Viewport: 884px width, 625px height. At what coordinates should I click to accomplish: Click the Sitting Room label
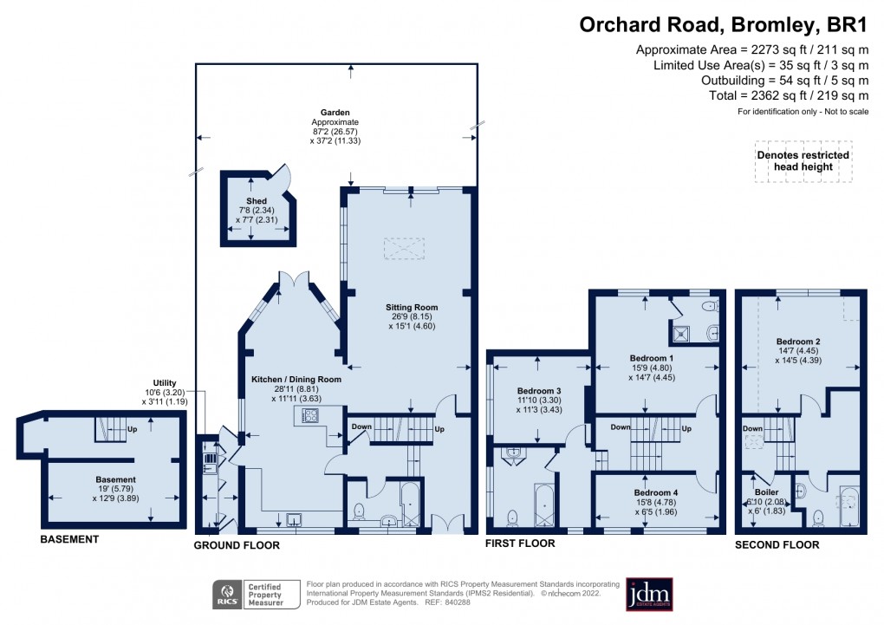(x=413, y=307)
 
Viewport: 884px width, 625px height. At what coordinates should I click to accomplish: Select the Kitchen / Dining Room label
(x=296, y=379)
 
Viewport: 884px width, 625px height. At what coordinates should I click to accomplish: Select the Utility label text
(x=164, y=382)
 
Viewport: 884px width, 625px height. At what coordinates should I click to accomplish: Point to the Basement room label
(x=115, y=479)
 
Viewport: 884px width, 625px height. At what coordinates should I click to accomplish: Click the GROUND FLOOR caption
(x=237, y=544)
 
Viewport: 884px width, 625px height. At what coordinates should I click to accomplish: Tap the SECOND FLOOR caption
(x=777, y=544)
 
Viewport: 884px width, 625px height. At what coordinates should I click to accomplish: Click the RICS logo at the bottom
(x=228, y=595)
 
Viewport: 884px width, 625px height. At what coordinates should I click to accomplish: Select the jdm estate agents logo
(x=649, y=595)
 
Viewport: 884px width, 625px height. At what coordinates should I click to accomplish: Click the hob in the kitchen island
(x=309, y=416)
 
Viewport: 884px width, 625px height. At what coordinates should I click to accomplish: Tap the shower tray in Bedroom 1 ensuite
(x=680, y=331)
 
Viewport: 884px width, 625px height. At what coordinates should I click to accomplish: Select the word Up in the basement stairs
(x=132, y=428)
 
